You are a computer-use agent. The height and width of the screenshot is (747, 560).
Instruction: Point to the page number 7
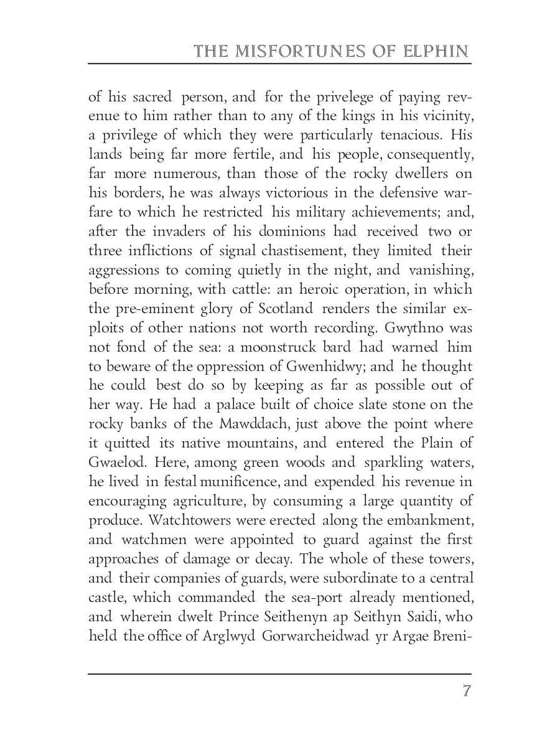pyautogui.click(x=465, y=692)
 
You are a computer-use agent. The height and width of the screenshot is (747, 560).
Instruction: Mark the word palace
pyautogui.click(x=231, y=405)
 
